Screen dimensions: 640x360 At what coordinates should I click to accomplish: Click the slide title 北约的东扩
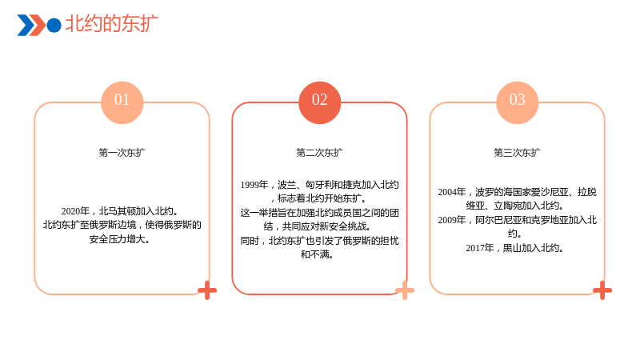[112, 23]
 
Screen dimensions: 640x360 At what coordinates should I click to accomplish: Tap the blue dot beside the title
[54, 26]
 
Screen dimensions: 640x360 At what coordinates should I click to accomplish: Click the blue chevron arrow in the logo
[26, 26]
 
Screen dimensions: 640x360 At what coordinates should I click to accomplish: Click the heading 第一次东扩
[122, 153]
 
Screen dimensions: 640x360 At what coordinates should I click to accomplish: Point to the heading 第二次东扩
[319, 153]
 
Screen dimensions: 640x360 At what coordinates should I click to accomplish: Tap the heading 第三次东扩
[517, 153]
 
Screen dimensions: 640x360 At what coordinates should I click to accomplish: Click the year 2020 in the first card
[70, 211]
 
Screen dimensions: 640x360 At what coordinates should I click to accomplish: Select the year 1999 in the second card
[250, 185]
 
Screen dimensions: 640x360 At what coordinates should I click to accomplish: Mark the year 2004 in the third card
[447, 192]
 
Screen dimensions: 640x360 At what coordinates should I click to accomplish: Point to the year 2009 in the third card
[447, 220]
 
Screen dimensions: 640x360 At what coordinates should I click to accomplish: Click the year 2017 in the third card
[475, 248]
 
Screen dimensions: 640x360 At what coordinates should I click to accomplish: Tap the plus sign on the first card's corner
[207, 290]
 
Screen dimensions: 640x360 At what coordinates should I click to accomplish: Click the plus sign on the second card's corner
[405, 290]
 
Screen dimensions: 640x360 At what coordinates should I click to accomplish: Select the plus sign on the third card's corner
[602, 290]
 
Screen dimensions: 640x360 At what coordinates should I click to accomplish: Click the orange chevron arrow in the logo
[38, 26]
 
